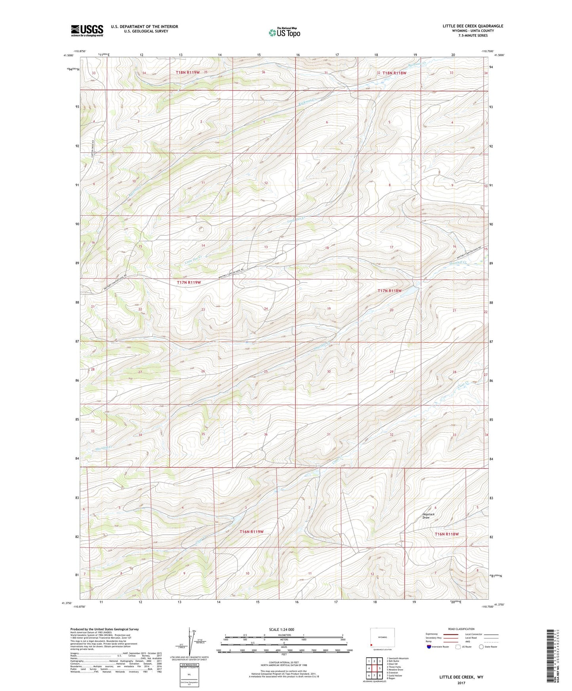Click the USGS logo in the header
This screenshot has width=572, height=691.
(x=87, y=30)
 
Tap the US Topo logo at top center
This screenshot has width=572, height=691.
(x=284, y=33)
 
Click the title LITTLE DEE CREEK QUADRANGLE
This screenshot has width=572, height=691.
(x=473, y=26)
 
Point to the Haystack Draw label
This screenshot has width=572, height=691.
(x=428, y=516)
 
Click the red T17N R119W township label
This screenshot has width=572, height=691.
(x=188, y=283)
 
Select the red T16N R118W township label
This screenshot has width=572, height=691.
(x=447, y=534)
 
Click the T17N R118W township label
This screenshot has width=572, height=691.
(x=390, y=290)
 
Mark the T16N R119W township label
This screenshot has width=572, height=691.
(x=251, y=532)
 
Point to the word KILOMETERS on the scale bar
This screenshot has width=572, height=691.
(x=283, y=635)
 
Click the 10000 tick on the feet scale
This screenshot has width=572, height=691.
(x=349, y=650)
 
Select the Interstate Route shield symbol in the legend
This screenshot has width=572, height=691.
(x=429, y=647)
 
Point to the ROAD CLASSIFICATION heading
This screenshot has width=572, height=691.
(x=462, y=629)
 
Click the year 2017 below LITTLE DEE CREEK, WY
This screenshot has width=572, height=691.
(x=461, y=683)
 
